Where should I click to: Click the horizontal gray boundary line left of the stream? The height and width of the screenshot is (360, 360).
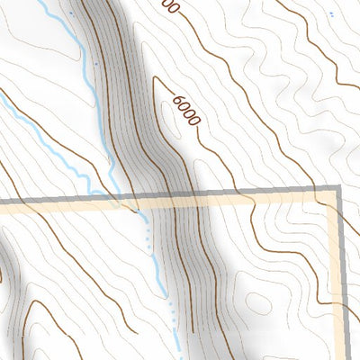[54, 200]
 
